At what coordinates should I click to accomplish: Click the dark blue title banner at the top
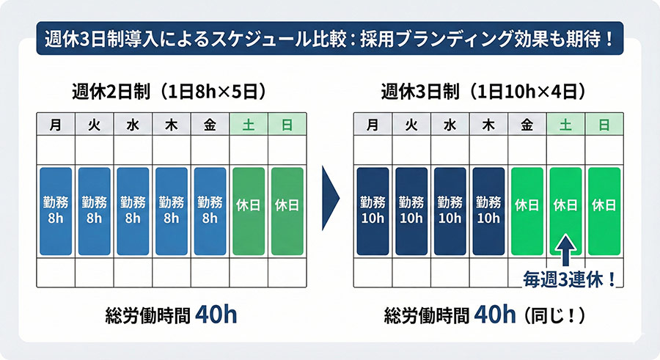tap(329, 38)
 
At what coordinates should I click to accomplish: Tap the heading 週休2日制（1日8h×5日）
tap(169, 92)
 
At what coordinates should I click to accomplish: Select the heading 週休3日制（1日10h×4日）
tap(483, 92)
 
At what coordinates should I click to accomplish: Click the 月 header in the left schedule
tap(56, 124)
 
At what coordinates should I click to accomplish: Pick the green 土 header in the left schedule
tap(249, 124)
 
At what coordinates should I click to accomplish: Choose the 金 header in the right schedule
tap(527, 124)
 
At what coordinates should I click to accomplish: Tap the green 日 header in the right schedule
tap(604, 124)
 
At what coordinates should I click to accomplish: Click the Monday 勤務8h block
tap(56, 211)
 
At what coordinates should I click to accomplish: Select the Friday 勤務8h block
tap(210, 211)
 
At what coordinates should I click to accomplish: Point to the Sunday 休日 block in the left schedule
tap(287, 211)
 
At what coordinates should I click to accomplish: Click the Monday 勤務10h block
tap(373, 211)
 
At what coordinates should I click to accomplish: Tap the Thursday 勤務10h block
tap(488, 211)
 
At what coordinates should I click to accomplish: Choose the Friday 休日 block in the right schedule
tap(527, 211)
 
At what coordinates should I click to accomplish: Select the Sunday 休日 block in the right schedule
tap(604, 211)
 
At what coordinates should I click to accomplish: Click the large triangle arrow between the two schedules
tap(331, 198)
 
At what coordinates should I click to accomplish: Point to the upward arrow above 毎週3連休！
tap(566, 250)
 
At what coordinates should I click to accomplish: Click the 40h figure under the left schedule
tap(216, 315)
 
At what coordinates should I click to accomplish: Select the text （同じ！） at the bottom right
tap(554, 316)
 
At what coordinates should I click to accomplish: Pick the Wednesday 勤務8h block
tap(133, 211)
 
